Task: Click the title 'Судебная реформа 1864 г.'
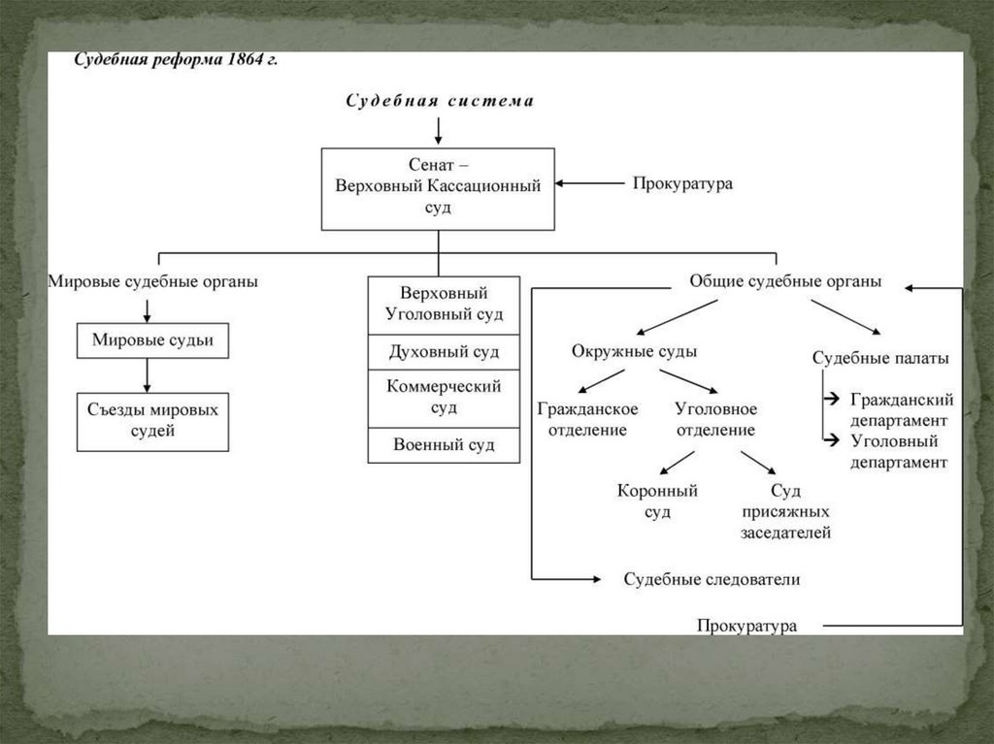coord(177,59)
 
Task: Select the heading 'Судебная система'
coord(440,101)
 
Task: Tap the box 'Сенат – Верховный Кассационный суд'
coord(438,188)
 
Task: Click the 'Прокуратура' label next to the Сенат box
coord(682,182)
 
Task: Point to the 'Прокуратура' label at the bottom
coord(746,626)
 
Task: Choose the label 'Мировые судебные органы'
coord(153,282)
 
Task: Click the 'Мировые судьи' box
coord(152,340)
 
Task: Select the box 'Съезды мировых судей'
coord(152,421)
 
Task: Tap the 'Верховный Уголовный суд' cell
coord(444,305)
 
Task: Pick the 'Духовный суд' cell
coord(444,351)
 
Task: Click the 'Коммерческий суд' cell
coord(444,397)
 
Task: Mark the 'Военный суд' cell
coord(444,444)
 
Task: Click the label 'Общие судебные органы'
coord(785,281)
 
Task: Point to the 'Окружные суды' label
coord(634,351)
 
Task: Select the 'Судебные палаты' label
coord(880,358)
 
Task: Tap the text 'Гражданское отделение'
coord(587,419)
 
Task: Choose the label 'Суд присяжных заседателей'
coord(785,511)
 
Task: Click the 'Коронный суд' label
coord(657,501)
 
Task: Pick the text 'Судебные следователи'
coord(712,579)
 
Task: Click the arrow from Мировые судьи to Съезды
coord(147,374)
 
